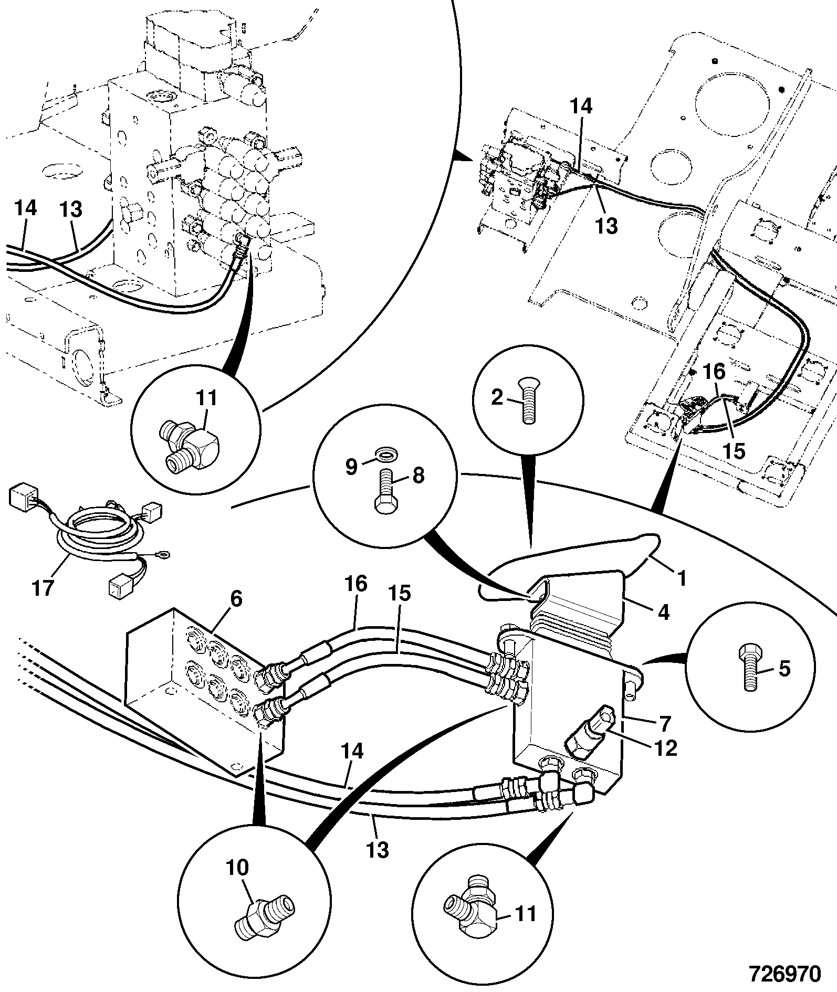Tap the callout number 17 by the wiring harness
43,587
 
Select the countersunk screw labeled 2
528,403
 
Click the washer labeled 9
385,453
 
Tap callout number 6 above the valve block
236,598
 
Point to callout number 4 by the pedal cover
664,612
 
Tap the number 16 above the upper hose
355,584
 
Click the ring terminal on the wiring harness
167,552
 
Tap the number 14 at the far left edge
25,208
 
